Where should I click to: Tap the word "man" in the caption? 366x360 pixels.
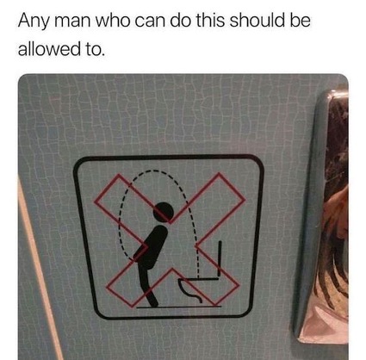click(72, 22)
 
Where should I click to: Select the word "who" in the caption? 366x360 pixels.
click(113, 21)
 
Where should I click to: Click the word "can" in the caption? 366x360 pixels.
click(150, 22)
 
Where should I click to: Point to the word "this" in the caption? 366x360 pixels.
click(211, 21)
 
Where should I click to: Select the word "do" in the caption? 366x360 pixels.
click(181, 21)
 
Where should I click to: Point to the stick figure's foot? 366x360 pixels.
click(153, 301)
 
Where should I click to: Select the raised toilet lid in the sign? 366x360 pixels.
click(220, 258)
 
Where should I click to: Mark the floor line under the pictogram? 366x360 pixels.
click(178, 307)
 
